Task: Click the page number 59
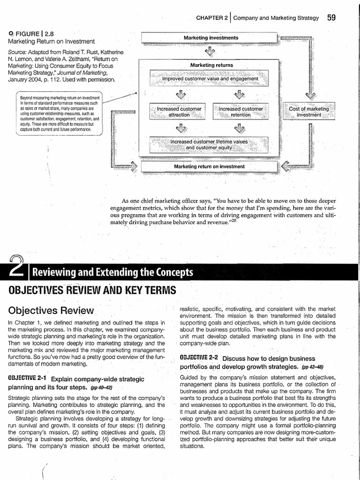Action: (x=331, y=18)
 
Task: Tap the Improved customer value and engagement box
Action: (x=210, y=79)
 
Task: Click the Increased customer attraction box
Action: (x=179, y=112)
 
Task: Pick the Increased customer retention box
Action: (x=240, y=112)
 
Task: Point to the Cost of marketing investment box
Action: (x=308, y=112)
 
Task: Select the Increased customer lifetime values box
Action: (x=209, y=144)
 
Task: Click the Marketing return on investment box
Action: (x=209, y=166)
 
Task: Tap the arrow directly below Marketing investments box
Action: (x=210, y=51)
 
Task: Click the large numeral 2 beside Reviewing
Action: (x=13, y=270)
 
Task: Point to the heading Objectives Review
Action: (x=51, y=310)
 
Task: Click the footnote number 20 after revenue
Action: (x=232, y=221)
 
